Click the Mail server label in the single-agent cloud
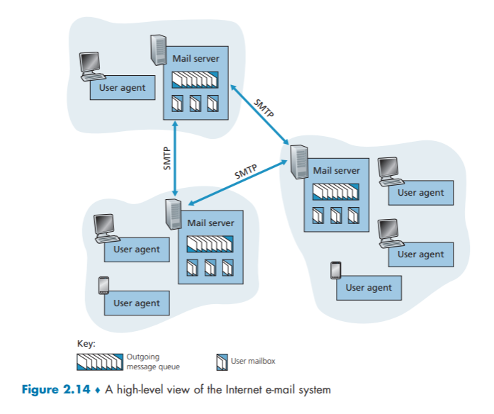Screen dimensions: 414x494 [x=196, y=58]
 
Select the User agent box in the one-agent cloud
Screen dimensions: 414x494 [x=122, y=88]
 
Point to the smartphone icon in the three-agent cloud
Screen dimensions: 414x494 [x=335, y=271]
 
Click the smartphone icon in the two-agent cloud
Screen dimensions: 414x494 [x=103, y=285]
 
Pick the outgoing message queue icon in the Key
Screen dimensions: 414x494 [x=100, y=362]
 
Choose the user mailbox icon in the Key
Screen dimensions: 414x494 [x=221, y=363]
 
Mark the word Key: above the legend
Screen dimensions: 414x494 [x=86, y=344]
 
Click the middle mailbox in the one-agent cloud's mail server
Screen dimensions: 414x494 [x=195, y=103]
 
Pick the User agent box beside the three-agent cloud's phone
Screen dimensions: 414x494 [x=369, y=288]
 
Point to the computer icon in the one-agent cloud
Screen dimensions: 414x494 [x=90, y=64]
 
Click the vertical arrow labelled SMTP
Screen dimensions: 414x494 [x=175, y=158]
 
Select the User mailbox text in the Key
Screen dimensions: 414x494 [x=253, y=362]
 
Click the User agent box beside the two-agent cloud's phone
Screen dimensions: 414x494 [x=137, y=303]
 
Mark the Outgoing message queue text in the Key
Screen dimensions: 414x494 [x=152, y=362]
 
